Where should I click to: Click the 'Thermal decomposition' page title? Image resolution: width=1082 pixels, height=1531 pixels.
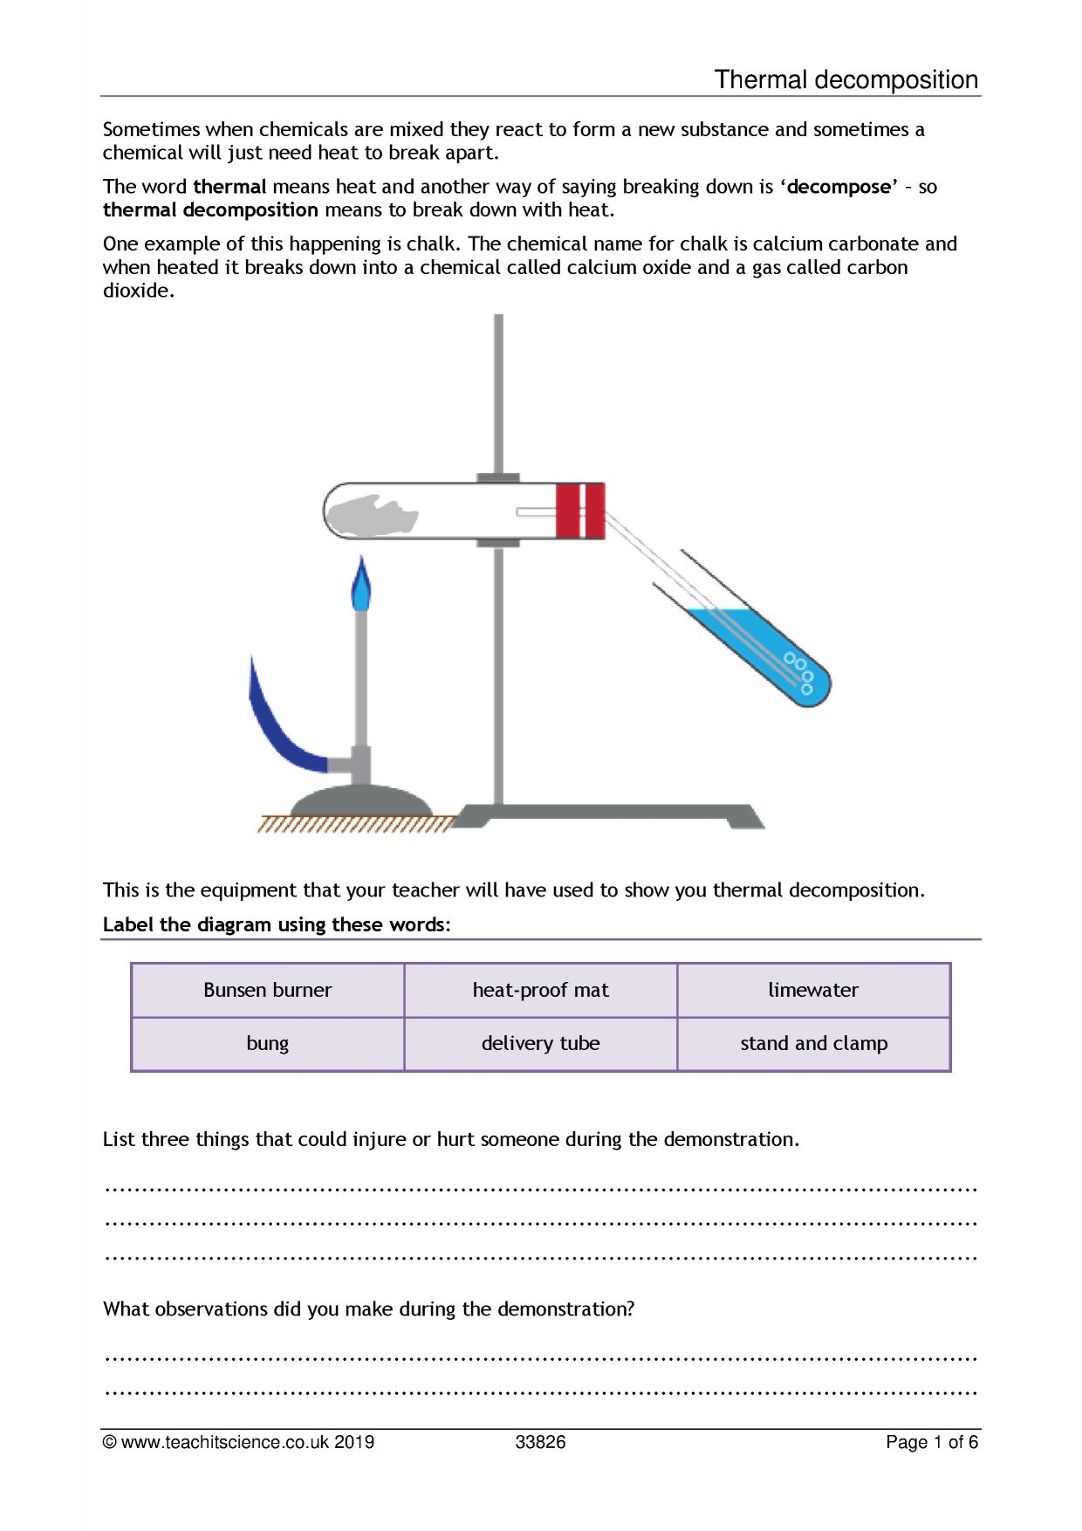pyautogui.click(x=846, y=79)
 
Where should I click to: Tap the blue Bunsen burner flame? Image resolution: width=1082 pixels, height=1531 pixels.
pyautogui.click(x=360, y=587)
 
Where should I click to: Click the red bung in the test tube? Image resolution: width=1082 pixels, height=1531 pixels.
pyautogui.click(x=579, y=510)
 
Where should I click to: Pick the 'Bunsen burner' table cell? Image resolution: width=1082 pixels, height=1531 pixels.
pyautogui.click(x=267, y=990)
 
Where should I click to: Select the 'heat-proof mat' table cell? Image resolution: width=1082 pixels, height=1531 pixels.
pyautogui.click(x=540, y=990)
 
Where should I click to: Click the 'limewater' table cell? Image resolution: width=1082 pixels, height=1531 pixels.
pyautogui.click(x=813, y=990)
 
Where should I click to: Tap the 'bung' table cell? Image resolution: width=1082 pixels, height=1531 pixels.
pyautogui.click(x=267, y=1044)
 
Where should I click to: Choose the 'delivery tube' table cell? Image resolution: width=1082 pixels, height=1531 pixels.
pyautogui.click(x=540, y=1044)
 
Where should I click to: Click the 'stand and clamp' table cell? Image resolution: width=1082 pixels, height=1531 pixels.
pyautogui.click(x=813, y=1044)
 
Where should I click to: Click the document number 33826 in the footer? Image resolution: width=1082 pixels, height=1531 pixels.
pyautogui.click(x=540, y=1442)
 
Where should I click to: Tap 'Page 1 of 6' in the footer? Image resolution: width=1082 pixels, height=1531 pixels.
pyautogui.click(x=931, y=1442)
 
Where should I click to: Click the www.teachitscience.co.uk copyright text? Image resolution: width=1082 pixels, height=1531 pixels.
pyautogui.click(x=238, y=1442)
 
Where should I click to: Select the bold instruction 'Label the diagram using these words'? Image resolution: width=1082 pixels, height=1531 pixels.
pyautogui.click(x=273, y=924)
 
